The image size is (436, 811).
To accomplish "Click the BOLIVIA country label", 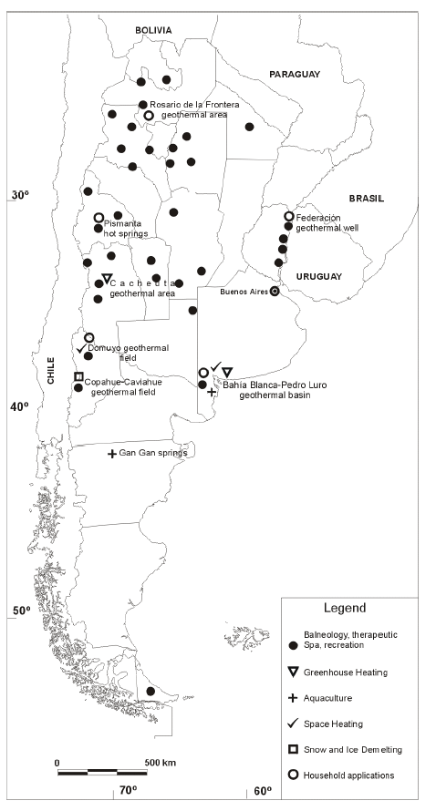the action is tap(153, 30).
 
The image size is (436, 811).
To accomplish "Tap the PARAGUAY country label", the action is tap(295, 75).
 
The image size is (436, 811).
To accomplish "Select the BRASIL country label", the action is tap(367, 199).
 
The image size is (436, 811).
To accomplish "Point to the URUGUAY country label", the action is tap(319, 277).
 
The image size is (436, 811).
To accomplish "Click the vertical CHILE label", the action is tap(51, 370).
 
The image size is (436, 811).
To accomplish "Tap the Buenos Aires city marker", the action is tap(275, 292).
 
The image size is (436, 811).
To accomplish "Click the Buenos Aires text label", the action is tap(244, 292).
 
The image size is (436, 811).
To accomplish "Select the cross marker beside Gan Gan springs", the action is tap(112, 454).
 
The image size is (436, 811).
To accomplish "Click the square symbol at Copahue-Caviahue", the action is tap(78, 376).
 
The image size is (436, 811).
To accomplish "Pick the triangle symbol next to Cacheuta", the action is tap(107, 279).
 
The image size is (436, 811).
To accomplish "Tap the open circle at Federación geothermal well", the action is tap(289, 216).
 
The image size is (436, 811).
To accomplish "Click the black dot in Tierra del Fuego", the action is tap(151, 691).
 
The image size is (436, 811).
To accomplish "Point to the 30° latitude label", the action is tap(20, 195).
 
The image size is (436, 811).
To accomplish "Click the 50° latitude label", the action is tap(21, 611).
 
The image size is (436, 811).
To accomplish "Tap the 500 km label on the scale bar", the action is tap(160, 763).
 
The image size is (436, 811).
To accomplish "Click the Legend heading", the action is tap(345, 608).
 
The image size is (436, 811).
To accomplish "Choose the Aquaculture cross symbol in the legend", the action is tap(293, 698).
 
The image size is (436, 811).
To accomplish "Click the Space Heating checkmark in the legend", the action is tap(293, 724).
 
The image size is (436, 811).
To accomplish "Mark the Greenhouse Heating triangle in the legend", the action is tap(293, 672).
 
